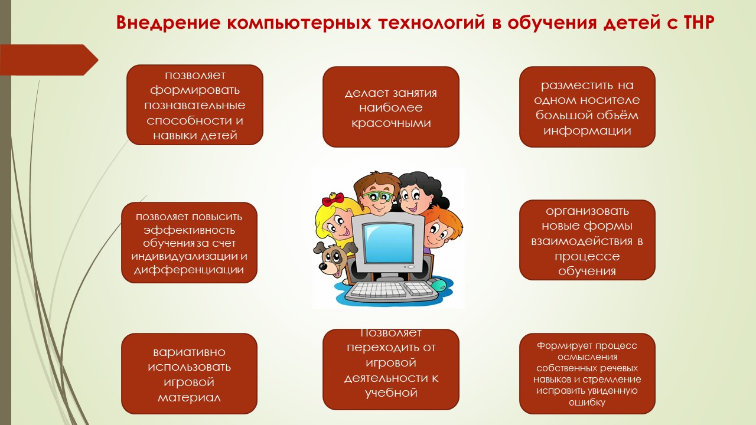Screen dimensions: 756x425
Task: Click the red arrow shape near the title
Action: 49,60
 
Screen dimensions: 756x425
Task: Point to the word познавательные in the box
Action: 195,105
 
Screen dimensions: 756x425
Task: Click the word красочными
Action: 391,123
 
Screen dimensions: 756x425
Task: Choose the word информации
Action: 587,130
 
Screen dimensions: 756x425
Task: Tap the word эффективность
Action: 190,230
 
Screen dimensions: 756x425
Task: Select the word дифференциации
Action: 189,270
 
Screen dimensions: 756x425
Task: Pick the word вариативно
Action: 190,352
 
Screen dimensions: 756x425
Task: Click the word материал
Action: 190,398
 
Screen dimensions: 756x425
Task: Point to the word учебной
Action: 391,393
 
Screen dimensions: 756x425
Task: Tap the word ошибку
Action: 587,402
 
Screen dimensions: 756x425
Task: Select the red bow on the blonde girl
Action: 333,200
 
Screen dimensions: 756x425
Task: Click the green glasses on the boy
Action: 380,197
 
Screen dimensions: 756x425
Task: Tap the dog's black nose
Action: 323,267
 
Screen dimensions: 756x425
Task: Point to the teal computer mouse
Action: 439,285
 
